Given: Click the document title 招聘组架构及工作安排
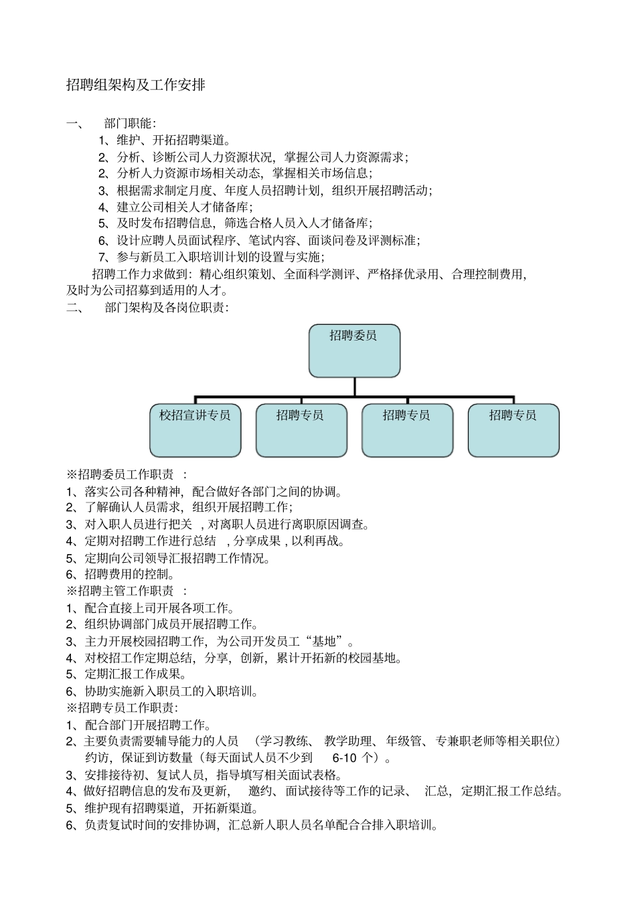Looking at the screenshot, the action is point(135,85).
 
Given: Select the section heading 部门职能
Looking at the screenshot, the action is point(130,123).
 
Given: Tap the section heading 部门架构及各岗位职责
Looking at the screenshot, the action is point(166,308).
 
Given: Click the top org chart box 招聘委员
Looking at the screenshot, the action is point(353,350).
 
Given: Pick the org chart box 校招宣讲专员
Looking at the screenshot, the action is point(195,430).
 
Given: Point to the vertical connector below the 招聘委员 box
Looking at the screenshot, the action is point(354,386).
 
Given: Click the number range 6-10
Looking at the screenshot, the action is point(344,758).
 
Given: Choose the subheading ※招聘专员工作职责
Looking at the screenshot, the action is point(121,708).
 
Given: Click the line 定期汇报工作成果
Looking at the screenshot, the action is point(135,674).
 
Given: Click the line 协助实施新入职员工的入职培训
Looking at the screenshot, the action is point(171,691).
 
